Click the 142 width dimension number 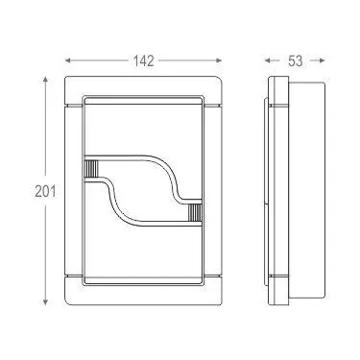pyautogui.click(x=143, y=60)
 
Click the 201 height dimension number pyautogui.click(x=45, y=191)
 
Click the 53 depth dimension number pyautogui.click(x=295, y=60)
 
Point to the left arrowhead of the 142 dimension pyautogui.click(x=68, y=60)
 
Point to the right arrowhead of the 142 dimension pyautogui.click(x=219, y=60)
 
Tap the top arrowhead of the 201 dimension pyautogui.click(x=45, y=80)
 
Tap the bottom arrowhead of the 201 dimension pyautogui.click(x=45, y=301)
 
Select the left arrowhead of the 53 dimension pyautogui.click(x=268, y=60)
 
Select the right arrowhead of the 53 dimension pyautogui.click(x=322, y=60)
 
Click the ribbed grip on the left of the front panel pyautogui.click(x=91, y=168)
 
